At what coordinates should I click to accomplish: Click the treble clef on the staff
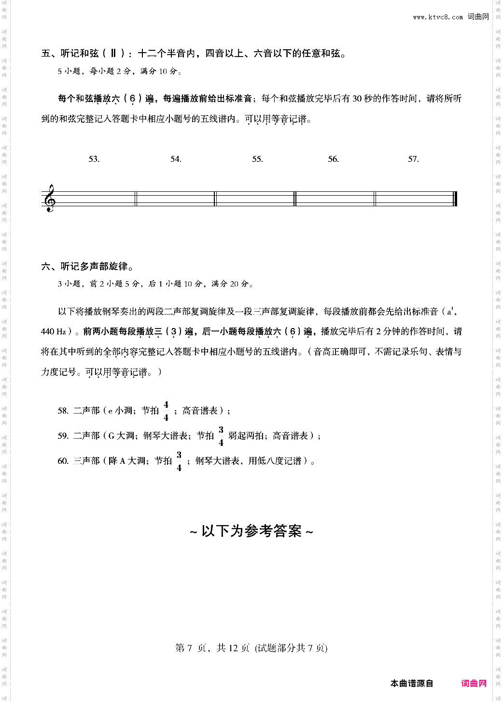point(49,199)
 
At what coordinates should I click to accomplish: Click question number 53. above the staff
point(94,159)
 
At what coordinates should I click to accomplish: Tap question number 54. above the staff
point(176,159)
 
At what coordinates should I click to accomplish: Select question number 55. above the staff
point(257,159)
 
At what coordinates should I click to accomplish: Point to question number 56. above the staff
point(334,159)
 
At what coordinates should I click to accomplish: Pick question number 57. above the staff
point(413,159)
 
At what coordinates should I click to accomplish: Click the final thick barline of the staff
point(455,199)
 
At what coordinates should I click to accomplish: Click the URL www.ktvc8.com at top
point(438,17)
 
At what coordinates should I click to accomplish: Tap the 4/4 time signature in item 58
point(166,411)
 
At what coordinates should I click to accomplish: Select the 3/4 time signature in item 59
point(221,436)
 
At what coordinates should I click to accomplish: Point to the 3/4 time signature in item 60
point(179,461)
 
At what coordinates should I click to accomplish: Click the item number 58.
point(63,411)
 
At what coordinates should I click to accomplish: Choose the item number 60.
point(63,461)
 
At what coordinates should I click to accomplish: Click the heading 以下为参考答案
point(251,531)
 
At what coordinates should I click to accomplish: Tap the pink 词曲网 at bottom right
point(474,683)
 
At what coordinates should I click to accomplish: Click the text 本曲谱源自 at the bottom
point(412,683)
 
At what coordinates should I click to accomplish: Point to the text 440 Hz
point(54,331)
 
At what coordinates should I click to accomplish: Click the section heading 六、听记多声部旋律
point(87,266)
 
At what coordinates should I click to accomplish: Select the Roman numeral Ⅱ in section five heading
point(113,53)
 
